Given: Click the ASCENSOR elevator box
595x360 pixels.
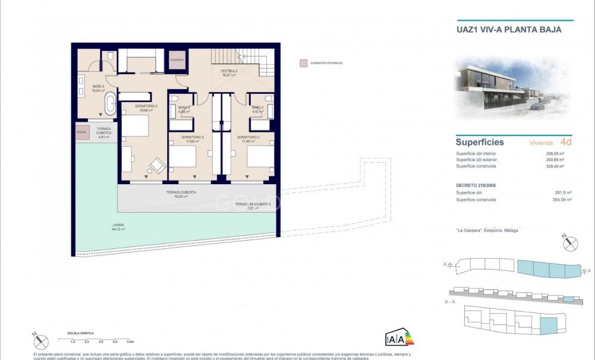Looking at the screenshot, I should pyautogui.click(x=178, y=61).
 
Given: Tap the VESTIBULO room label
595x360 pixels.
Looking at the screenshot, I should pyautogui.click(x=229, y=71).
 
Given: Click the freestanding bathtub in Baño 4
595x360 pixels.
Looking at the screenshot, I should pyautogui.click(x=111, y=103).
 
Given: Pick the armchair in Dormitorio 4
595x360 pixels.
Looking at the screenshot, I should pyautogui.click(x=158, y=165).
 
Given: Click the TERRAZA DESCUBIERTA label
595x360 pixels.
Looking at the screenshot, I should pyautogui.click(x=253, y=204).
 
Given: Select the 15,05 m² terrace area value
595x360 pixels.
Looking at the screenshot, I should pyautogui.click(x=181, y=197).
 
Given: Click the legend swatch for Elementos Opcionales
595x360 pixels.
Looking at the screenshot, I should pyautogui.click(x=303, y=63).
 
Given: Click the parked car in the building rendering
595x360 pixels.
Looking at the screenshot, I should pyautogui.click(x=537, y=106).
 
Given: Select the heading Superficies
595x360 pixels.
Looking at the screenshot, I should pyautogui.click(x=480, y=143).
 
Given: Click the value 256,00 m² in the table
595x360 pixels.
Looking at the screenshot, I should pyautogui.click(x=554, y=154).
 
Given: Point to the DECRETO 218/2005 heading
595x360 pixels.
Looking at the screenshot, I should pyautogui.click(x=477, y=185).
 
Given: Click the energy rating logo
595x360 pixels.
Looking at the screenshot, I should pyautogui.click(x=399, y=337).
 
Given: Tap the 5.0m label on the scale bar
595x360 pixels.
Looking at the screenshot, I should pyautogui.click(x=130, y=342).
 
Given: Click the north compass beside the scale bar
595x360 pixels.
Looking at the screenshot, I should pyautogui.click(x=41, y=341).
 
